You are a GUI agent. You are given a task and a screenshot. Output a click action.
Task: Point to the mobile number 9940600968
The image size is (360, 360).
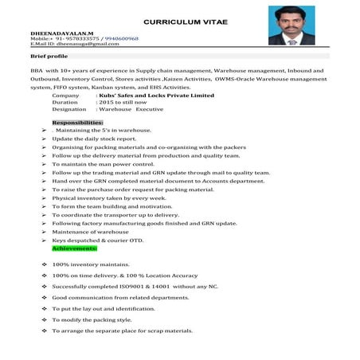pos(121,38)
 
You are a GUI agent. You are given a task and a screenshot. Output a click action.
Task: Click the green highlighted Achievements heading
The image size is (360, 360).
pos(75,248)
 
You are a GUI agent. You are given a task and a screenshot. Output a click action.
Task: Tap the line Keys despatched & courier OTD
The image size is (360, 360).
pos(98,240)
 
